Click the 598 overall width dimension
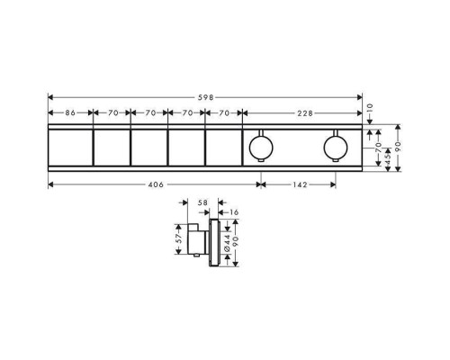pos(205,97)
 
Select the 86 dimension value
pos(70,113)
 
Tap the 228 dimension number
pos(305,113)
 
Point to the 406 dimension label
pos(157,184)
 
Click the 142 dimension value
pos(300,184)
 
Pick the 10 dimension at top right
pos(370,108)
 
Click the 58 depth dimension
pos(202,202)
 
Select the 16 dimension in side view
pos(234,212)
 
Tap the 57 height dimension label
pos(179,238)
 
